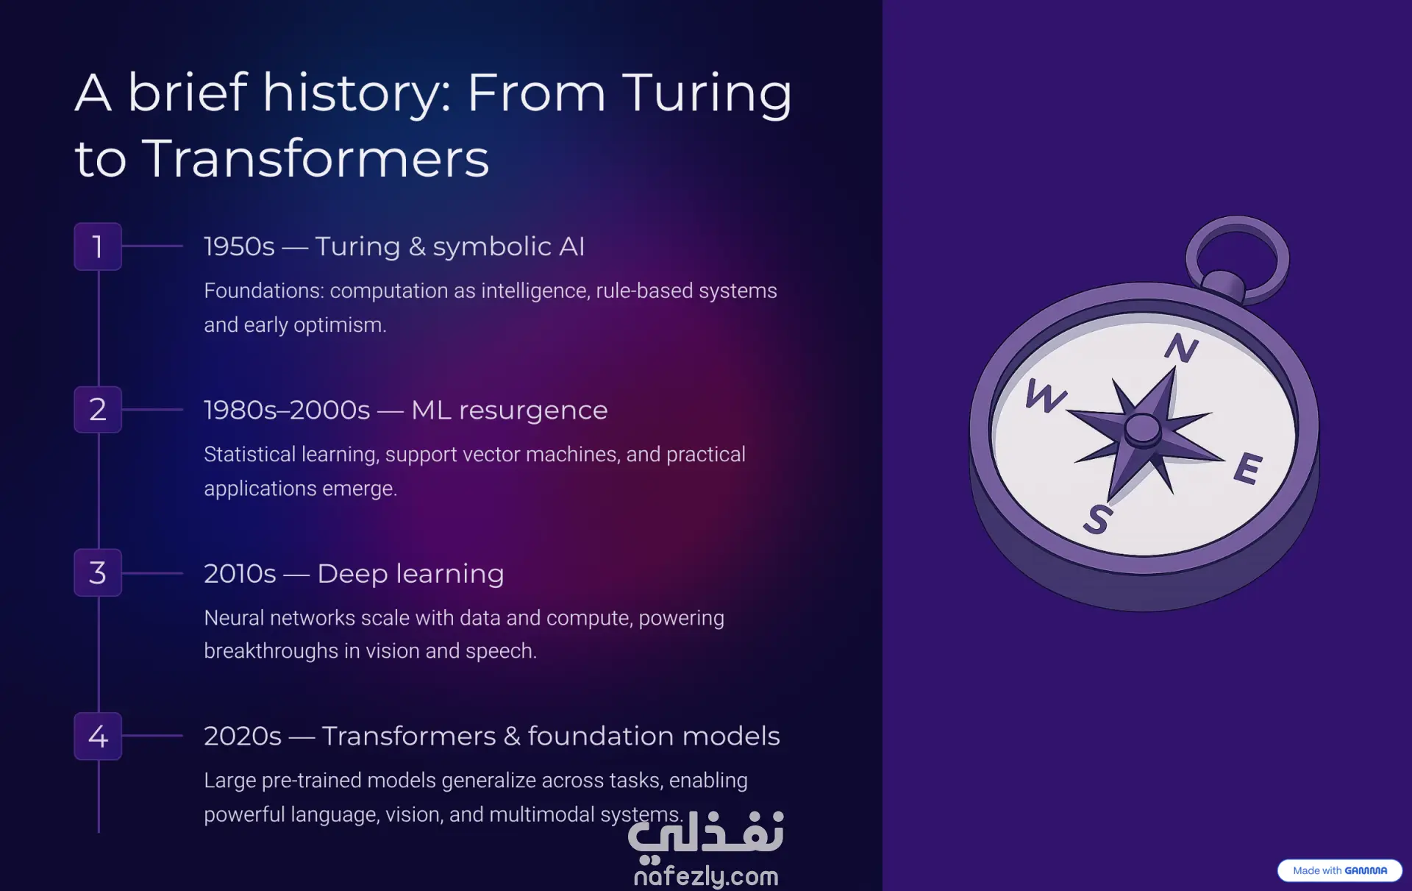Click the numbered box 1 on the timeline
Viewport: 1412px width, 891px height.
pos(98,246)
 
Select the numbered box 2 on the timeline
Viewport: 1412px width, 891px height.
pos(98,410)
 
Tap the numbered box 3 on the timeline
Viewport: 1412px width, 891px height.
pos(98,572)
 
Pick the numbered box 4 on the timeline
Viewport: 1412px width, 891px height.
pos(98,736)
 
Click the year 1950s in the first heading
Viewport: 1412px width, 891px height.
pos(239,246)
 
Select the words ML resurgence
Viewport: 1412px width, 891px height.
pos(510,411)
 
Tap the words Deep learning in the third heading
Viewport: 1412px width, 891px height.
pos(411,574)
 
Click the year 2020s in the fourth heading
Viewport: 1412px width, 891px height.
pos(243,736)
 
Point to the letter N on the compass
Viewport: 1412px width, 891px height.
pos(1182,348)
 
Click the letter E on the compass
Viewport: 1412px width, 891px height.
pos(1249,469)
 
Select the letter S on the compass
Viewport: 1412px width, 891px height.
pos(1097,519)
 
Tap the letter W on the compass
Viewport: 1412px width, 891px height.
pos(1046,396)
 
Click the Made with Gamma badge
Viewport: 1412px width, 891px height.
pos(1340,870)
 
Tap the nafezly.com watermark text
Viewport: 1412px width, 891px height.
pos(706,876)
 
